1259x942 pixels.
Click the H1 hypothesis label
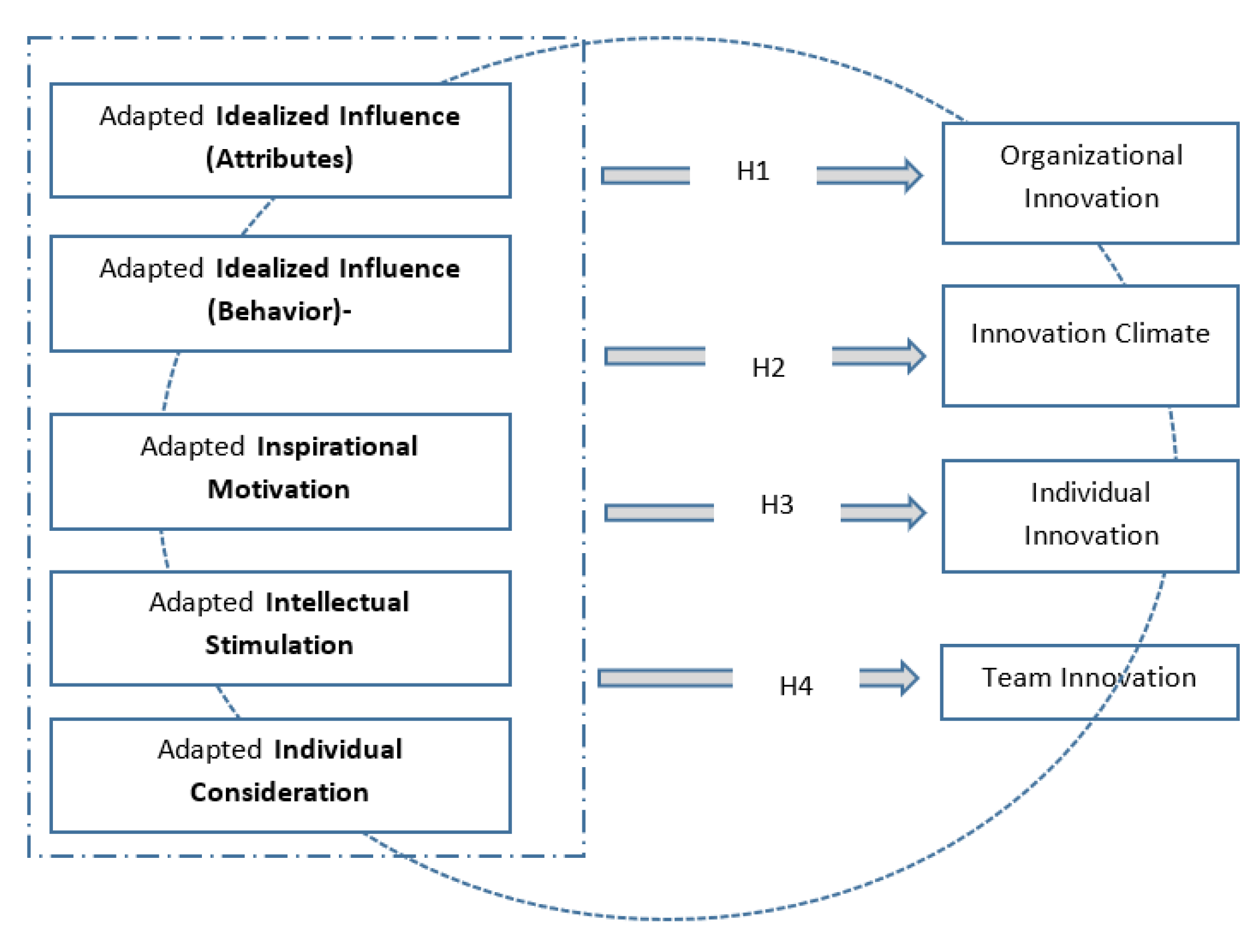752,171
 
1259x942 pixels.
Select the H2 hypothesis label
768,368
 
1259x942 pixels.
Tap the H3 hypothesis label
776,505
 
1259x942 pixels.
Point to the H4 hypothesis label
795,686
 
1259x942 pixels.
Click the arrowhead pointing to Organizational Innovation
913,176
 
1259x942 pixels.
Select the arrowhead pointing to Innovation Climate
916,356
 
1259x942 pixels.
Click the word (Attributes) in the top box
279,159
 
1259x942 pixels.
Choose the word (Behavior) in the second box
275,311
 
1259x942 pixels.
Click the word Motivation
279,489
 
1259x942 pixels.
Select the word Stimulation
279,645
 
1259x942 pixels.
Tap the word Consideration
279,792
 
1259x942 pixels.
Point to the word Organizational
1091,156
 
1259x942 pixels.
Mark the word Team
1016,677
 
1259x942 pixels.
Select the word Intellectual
337,602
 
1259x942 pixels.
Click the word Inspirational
337,447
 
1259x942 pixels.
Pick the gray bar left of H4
665,678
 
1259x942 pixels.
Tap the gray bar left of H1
645,176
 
